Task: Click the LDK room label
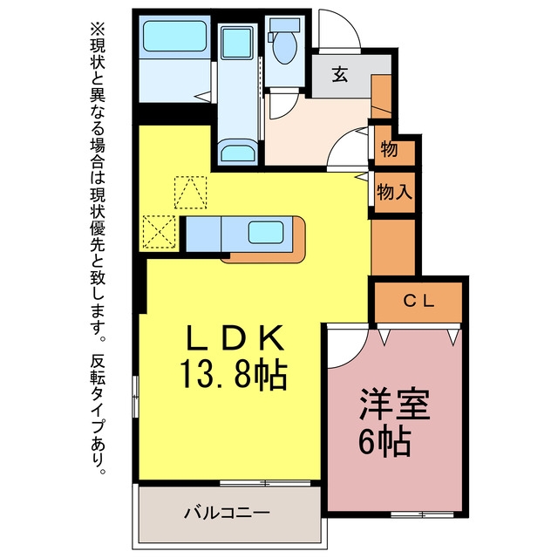(x=236, y=337)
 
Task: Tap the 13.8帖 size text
(x=234, y=374)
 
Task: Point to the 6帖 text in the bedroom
(x=384, y=442)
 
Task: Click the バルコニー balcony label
(x=227, y=513)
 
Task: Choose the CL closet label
(x=418, y=302)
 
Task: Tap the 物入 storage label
(x=394, y=192)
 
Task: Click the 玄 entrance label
(x=340, y=74)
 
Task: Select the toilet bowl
(x=284, y=47)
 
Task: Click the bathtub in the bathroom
(x=174, y=36)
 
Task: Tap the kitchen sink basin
(x=266, y=233)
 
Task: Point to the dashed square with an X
(x=159, y=232)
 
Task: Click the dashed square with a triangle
(x=190, y=192)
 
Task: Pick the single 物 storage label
(x=389, y=149)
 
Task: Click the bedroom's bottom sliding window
(x=422, y=514)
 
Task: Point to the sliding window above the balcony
(x=265, y=483)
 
